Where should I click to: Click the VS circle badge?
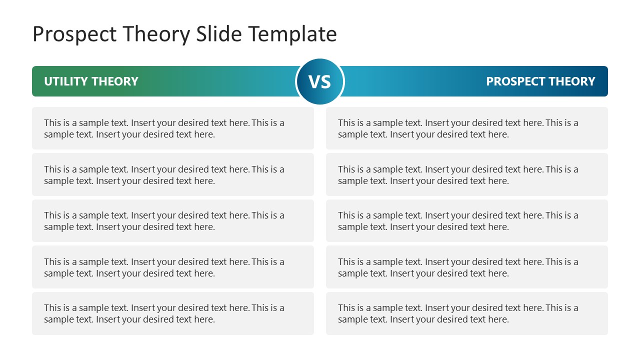320,81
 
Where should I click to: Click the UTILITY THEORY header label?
91,81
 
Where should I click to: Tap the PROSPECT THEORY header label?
540,81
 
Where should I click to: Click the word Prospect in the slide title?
74,34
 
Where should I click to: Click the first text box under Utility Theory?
173,128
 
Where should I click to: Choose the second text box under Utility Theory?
173,175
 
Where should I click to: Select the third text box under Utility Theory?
173,221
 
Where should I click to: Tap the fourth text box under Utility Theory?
173,267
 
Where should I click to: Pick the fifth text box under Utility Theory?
173,313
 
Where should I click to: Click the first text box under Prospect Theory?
467,128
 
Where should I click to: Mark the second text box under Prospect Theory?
467,175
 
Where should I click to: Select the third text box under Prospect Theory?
467,221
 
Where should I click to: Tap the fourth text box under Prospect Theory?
467,267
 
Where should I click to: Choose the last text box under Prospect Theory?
467,313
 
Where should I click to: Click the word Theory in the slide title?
156,34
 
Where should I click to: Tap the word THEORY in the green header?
115,81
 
